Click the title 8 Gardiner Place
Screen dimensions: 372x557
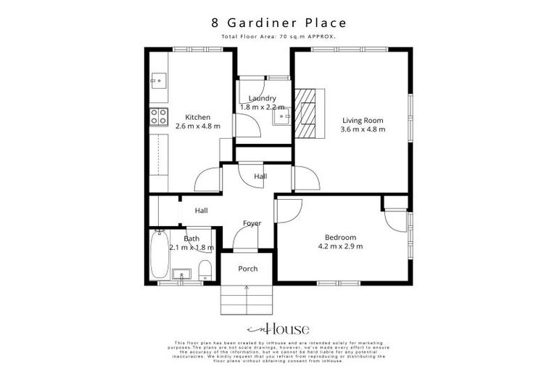point(278,24)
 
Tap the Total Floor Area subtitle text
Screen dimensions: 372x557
point(278,36)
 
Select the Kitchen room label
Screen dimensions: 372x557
point(197,117)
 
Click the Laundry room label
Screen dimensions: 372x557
point(262,98)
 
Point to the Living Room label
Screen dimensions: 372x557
point(363,121)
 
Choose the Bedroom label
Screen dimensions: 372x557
point(340,238)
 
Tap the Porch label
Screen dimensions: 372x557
point(248,269)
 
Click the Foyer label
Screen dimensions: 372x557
point(252,223)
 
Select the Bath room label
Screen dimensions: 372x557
point(191,238)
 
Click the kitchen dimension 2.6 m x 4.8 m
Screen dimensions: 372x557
point(197,126)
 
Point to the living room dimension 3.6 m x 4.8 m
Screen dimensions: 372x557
point(363,130)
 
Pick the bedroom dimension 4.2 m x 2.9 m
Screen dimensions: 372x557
point(340,247)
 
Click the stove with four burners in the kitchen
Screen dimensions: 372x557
point(158,116)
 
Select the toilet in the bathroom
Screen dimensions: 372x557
point(205,270)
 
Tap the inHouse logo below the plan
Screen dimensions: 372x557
point(278,328)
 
